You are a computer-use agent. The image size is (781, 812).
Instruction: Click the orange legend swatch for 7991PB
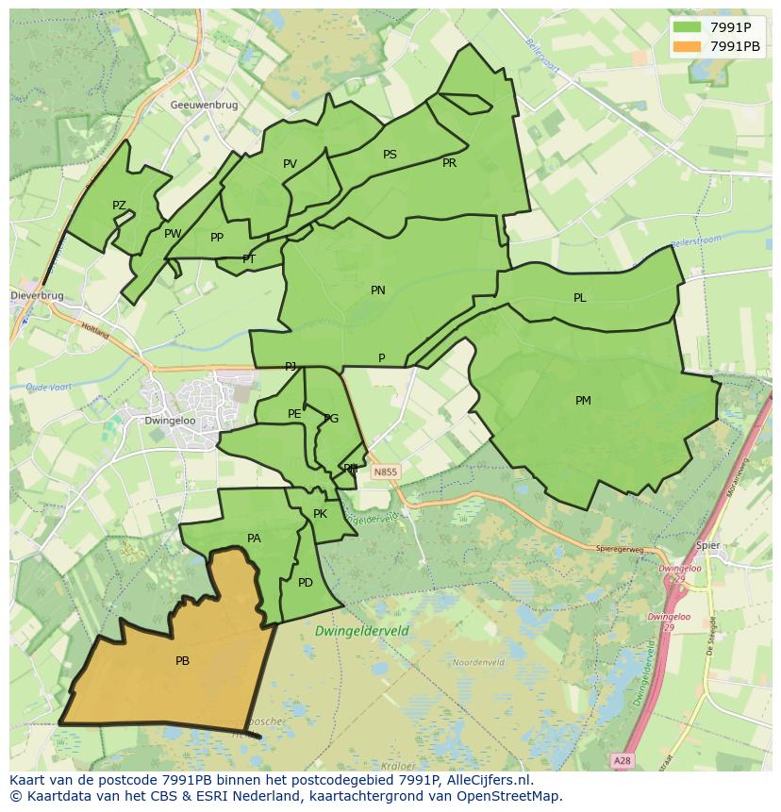[x=687, y=46]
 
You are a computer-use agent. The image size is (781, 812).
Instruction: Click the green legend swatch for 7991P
[x=687, y=27]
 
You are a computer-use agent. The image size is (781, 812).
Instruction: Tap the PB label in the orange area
[x=182, y=661]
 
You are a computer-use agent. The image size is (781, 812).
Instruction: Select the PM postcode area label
[x=583, y=401]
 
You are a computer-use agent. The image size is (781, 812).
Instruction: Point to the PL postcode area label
[x=579, y=298]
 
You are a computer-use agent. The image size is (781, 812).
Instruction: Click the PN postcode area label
[x=377, y=290]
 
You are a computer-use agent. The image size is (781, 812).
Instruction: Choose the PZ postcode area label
[x=119, y=206]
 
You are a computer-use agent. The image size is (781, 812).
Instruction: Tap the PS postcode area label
[x=390, y=155]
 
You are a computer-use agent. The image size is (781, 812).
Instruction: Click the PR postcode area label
[x=449, y=163]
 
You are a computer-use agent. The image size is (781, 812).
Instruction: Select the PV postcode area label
[x=290, y=164]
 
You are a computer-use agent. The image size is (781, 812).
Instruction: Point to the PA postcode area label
[x=254, y=539]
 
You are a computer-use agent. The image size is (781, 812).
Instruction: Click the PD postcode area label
[x=305, y=583]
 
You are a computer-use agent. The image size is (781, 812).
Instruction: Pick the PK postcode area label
[x=320, y=514]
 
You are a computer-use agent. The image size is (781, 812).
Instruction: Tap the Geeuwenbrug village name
[x=204, y=106]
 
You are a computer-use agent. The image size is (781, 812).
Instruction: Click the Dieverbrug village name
[x=37, y=295]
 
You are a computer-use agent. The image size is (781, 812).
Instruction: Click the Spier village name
[x=707, y=545]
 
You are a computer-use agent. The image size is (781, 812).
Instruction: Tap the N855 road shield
[x=385, y=472]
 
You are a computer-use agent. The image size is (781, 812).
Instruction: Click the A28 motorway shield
[x=621, y=759]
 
